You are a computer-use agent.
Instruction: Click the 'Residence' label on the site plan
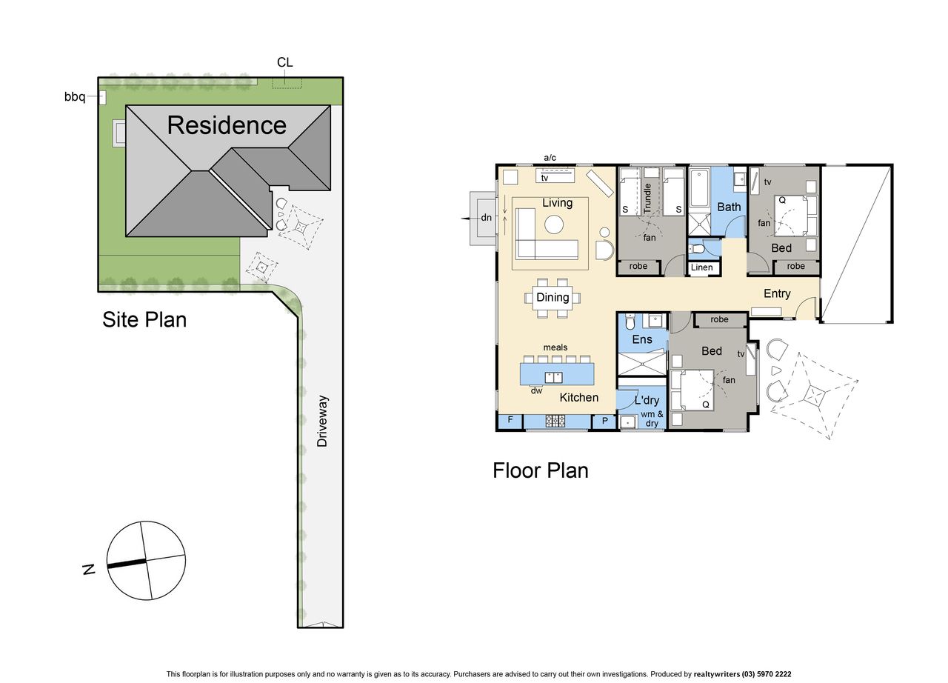pos(227,125)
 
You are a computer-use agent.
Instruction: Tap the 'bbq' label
pos(75,97)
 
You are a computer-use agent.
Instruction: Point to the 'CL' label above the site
pos(285,62)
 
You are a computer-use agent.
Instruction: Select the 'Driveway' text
pos(322,421)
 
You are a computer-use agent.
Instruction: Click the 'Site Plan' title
pos(144,319)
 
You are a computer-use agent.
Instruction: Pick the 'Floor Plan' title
pos(541,470)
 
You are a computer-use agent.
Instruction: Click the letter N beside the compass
pos(89,570)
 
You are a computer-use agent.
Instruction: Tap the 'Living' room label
pos(558,203)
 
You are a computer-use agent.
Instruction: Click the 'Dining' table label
pos(553,297)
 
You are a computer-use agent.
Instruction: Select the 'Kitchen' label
pos(579,397)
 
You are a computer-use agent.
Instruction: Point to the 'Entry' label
pos(777,293)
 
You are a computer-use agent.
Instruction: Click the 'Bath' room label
pos(729,207)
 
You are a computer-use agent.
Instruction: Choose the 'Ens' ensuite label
pos(642,339)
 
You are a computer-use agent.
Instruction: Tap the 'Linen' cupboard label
pos(701,267)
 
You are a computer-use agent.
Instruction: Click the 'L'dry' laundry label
pos(647,400)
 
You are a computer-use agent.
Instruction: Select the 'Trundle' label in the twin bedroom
pos(647,198)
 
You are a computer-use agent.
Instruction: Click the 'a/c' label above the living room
pos(550,158)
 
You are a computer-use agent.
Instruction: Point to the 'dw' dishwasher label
pos(536,390)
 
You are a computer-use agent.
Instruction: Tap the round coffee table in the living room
pos(553,224)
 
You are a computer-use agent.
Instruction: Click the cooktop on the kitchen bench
pos(555,421)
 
